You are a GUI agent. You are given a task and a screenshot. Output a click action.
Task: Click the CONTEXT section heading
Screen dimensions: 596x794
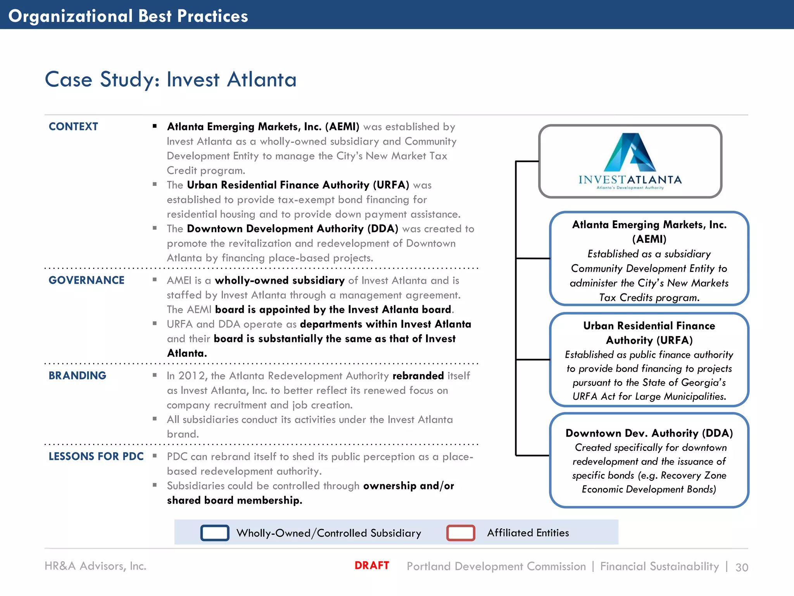pyautogui.click(x=73, y=126)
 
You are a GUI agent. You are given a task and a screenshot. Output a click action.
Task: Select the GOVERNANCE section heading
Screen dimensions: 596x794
pyautogui.click(x=86, y=280)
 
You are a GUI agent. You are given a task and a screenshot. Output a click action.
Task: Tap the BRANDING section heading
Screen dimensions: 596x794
pyautogui.click(x=77, y=376)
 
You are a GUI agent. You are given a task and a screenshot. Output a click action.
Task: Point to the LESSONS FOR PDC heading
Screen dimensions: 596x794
pyautogui.click(x=96, y=456)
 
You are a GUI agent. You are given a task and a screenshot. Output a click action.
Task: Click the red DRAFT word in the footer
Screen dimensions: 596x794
pyautogui.click(x=371, y=565)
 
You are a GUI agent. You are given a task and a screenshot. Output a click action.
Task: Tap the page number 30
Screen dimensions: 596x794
pyautogui.click(x=742, y=567)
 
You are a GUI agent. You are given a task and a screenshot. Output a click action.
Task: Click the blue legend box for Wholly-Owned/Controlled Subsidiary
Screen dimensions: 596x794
pyautogui.click(x=214, y=533)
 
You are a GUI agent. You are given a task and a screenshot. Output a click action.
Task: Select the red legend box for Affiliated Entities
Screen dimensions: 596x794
pyautogui.click(x=461, y=533)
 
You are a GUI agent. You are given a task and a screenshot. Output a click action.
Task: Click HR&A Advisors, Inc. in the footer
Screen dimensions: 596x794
pyautogui.click(x=95, y=566)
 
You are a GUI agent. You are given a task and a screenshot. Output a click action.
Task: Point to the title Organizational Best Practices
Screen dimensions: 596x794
pyautogui.click(x=128, y=16)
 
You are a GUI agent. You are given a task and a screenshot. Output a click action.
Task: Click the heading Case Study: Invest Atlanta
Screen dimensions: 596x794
pyautogui.click(x=171, y=80)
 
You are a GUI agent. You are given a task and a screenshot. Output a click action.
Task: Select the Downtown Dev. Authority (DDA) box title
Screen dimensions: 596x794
pyautogui.click(x=649, y=433)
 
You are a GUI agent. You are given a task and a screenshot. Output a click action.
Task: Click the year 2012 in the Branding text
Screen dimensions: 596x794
pyautogui.click(x=192, y=376)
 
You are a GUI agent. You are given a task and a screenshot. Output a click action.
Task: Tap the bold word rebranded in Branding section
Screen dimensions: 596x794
pyautogui.click(x=418, y=376)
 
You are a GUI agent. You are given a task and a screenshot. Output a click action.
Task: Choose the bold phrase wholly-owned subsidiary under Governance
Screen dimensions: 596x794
pyautogui.click(x=280, y=280)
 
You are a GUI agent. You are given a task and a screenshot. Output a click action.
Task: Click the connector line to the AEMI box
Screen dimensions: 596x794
pyautogui.click(x=533, y=258)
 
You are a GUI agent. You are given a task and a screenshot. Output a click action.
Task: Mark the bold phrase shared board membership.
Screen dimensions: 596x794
pyautogui.click(x=234, y=500)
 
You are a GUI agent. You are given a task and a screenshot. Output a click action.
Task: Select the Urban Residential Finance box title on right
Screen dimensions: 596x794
pyautogui.click(x=649, y=333)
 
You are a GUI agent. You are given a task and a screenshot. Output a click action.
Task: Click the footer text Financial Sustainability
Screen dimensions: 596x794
pyautogui.click(x=659, y=566)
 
